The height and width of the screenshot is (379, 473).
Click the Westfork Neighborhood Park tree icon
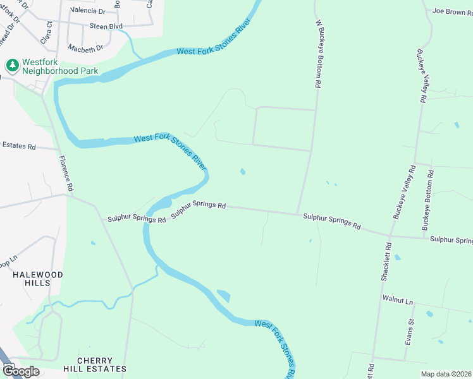pos(11,65)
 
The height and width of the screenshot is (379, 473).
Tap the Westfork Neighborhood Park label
pos(59,67)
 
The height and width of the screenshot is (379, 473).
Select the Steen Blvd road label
pos(106,26)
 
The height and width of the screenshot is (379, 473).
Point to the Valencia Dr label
pos(88,11)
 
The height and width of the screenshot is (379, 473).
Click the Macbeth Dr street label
pos(87,49)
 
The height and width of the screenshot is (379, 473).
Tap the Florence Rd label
pos(66,174)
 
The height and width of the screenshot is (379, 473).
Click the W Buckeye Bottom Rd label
pos(319,54)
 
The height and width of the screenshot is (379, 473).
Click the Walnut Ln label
pos(397,302)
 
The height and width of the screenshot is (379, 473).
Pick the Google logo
pos(21,371)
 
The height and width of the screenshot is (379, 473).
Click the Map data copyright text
pos(446,374)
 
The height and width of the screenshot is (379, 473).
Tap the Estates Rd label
pos(18,145)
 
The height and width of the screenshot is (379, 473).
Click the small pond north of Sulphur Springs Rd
pos(243,171)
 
